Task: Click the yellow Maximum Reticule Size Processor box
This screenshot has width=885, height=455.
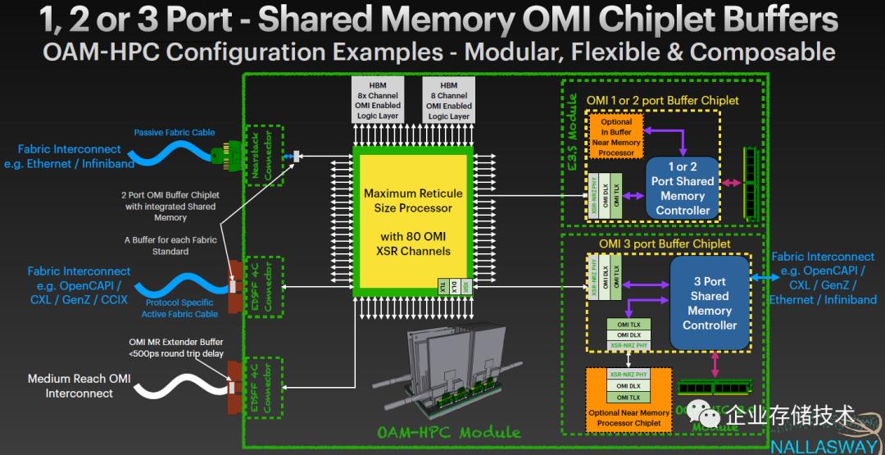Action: pos(413,221)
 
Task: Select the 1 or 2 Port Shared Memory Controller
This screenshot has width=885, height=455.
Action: pos(682,189)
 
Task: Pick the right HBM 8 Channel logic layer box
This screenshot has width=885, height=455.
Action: pos(448,101)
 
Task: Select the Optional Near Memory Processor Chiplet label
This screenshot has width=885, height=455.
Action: pos(628,418)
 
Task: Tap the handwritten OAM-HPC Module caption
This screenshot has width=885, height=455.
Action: pos(448,432)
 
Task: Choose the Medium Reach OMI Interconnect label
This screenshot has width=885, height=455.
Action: pos(79,386)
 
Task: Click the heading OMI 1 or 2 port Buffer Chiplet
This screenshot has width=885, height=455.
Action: pos(662,101)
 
